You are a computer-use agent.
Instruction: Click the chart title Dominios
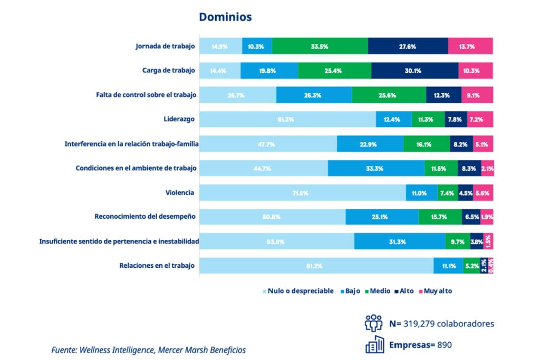click(x=225, y=17)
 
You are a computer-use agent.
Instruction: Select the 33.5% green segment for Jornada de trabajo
click(x=320, y=46)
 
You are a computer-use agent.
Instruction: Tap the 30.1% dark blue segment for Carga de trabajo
click(x=414, y=71)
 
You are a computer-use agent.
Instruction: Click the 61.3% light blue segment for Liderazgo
click(x=287, y=119)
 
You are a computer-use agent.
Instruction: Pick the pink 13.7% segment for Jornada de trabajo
click(x=470, y=46)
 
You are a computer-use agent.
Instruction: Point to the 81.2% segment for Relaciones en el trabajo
click(x=316, y=266)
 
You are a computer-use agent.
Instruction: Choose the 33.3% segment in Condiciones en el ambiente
click(x=376, y=168)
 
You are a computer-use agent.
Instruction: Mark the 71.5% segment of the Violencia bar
click(x=303, y=193)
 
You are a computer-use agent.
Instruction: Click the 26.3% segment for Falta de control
click(x=314, y=95)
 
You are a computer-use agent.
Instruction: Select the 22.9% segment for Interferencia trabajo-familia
click(x=370, y=144)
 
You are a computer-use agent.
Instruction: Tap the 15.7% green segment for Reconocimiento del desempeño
click(x=440, y=217)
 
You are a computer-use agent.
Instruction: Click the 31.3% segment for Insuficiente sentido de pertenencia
click(x=399, y=241)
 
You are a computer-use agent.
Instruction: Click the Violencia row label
click(x=180, y=193)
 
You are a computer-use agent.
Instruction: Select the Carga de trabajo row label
click(x=168, y=71)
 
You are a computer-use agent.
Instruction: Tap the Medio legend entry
click(x=379, y=291)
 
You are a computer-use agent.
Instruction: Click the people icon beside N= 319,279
click(x=373, y=323)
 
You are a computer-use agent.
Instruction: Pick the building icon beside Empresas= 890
click(x=373, y=345)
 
